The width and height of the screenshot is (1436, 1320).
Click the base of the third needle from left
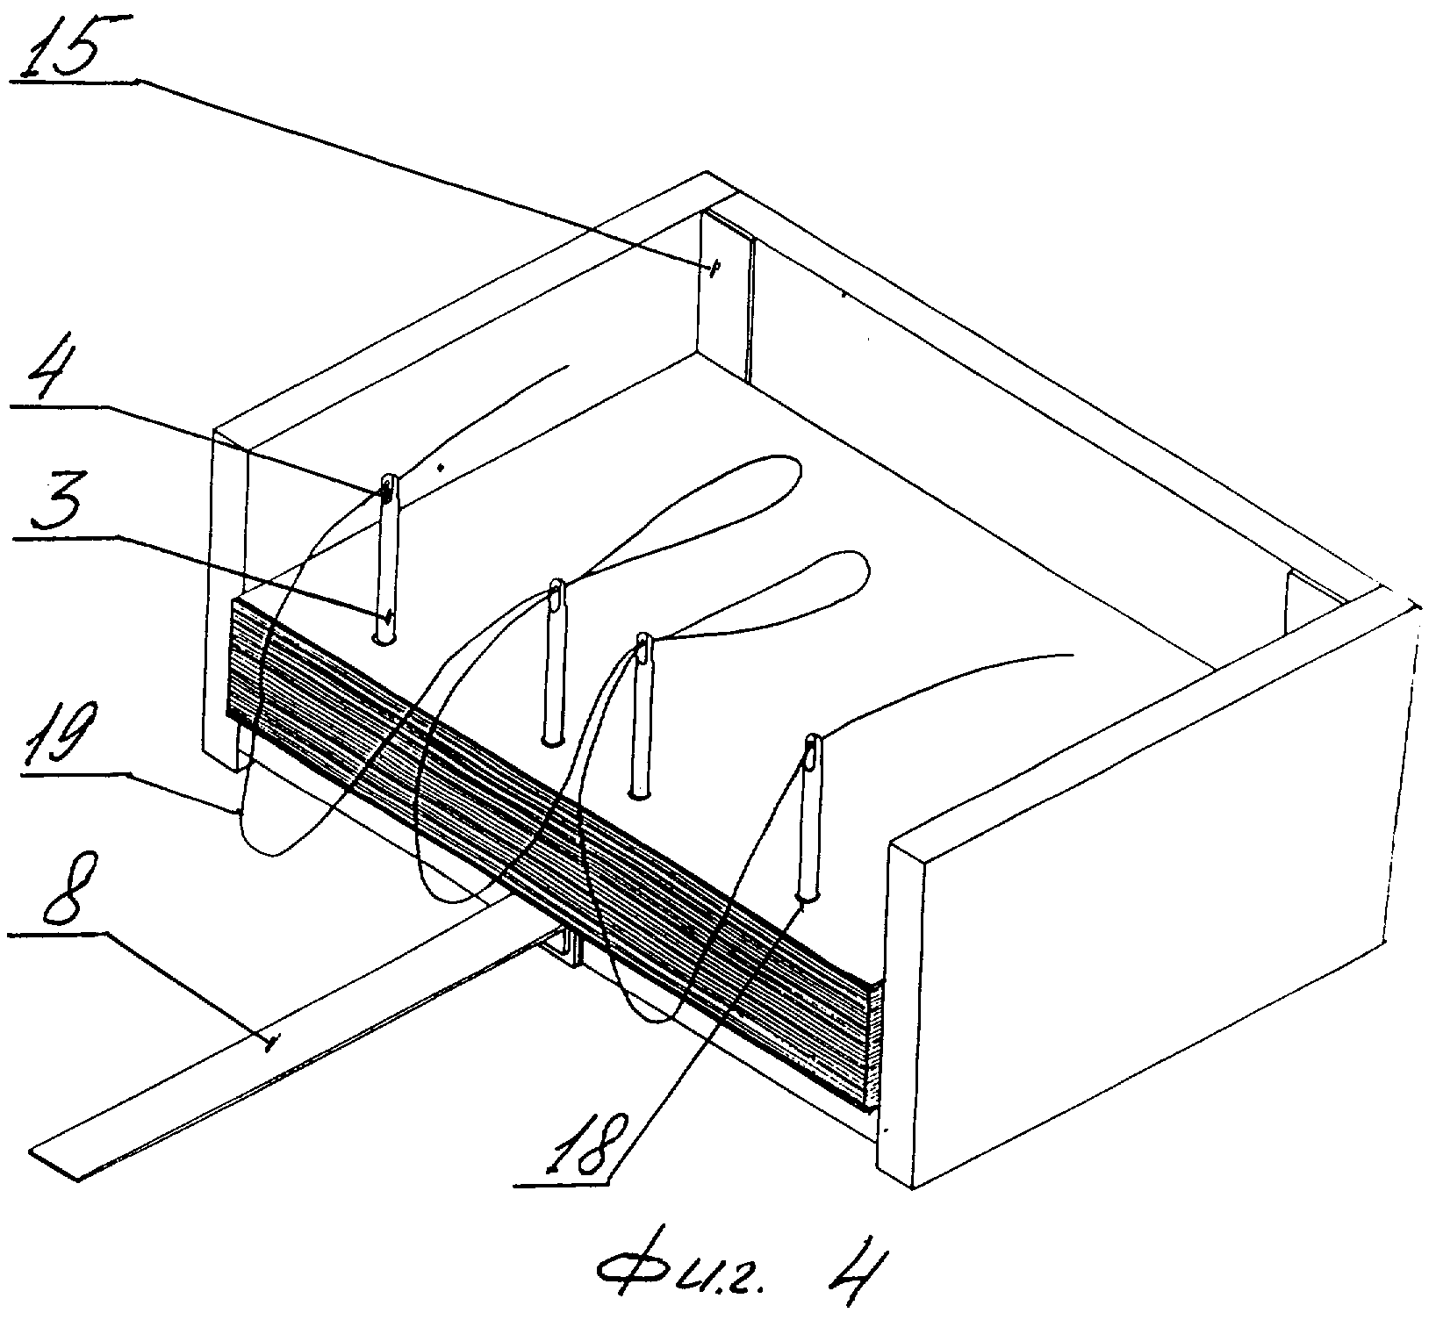(640, 794)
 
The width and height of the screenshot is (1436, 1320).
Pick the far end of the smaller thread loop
(865, 566)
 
